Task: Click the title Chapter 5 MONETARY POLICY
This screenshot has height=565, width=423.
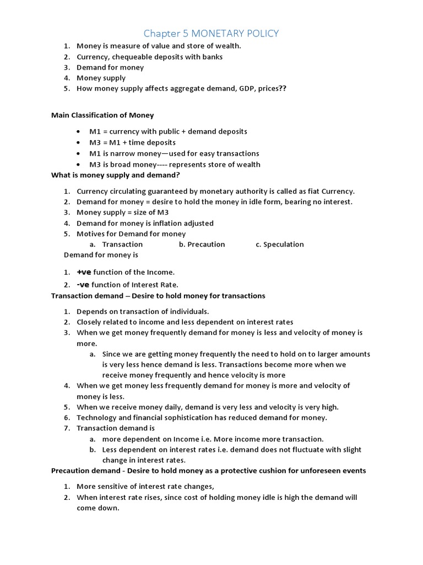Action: pyautogui.click(x=211, y=34)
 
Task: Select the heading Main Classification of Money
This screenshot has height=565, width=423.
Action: pyautogui.click(x=102, y=115)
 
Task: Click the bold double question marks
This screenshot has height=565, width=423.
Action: pyautogui.click(x=283, y=88)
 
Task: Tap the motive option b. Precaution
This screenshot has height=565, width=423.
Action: pyautogui.click(x=202, y=244)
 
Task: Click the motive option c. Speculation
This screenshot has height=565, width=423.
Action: pyautogui.click(x=279, y=244)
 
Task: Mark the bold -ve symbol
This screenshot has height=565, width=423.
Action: pyautogui.click(x=83, y=285)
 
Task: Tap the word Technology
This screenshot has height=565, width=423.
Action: pyautogui.click(x=96, y=418)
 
